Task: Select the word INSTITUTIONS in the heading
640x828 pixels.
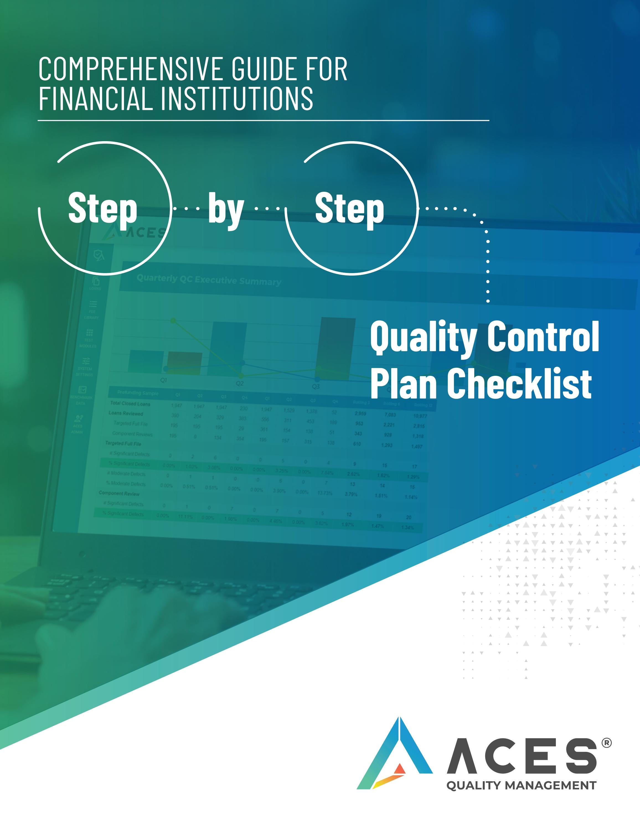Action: [237, 98]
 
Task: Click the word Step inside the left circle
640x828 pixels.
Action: [102, 208]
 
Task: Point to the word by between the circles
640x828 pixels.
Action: [226, 209]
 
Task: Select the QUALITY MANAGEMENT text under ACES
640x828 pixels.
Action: [521, 786]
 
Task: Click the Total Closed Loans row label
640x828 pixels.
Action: [130, 403]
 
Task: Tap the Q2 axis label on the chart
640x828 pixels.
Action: [240, 383]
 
